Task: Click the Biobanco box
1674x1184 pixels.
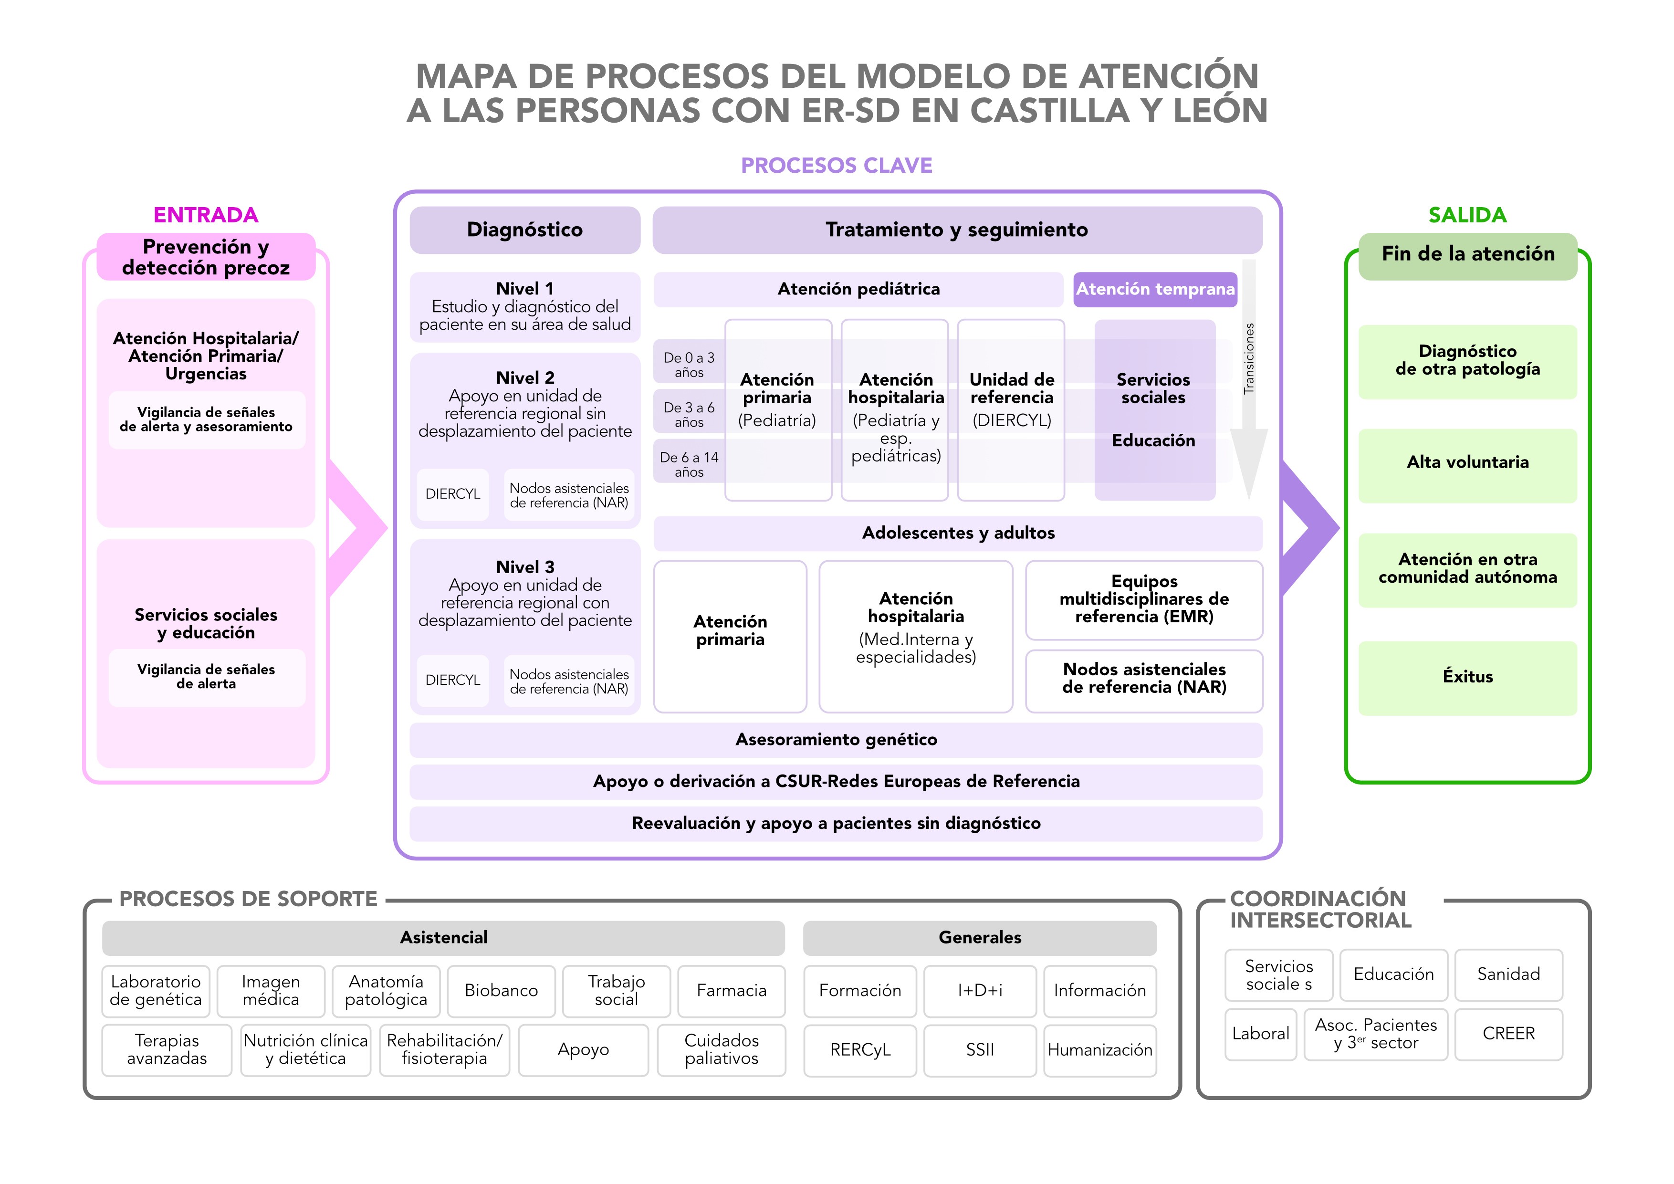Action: click(x=501, y=990)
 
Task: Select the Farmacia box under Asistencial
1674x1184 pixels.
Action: click(x=731, y=990)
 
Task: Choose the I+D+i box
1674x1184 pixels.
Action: click(x=979, y=990)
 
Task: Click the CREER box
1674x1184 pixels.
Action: click(x=1508, y=1033)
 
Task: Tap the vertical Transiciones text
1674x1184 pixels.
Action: click(x=1249, y=359)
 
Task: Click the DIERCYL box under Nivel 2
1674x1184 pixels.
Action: click(x=453, y=494)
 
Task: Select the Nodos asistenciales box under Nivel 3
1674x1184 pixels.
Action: click(x=569, y=681)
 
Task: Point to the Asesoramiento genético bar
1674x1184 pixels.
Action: click(x=836, y=740)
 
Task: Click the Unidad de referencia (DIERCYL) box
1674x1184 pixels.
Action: click(x=1011, y=410)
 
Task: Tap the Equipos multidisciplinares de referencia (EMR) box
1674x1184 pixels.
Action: click(x=1143, y=599)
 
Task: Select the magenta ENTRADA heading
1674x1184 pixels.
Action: click(x=206, y=215)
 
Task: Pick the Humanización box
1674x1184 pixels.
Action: click(x=1099, y=1050)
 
